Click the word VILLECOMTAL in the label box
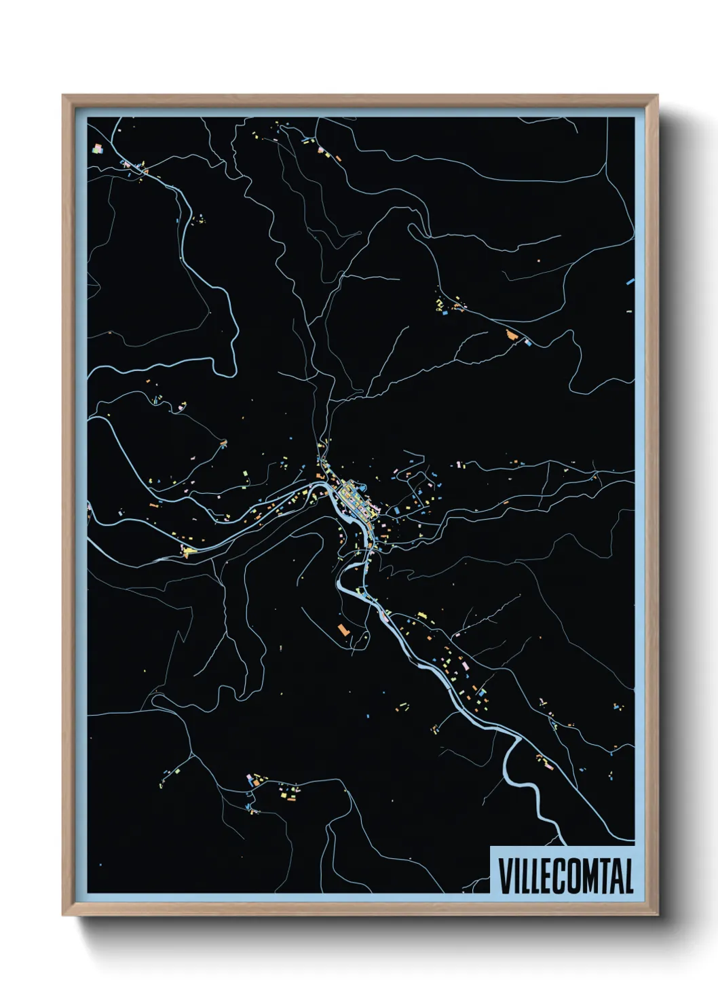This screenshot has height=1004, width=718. [566, 876]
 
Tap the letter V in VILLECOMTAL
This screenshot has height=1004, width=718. [506, 876]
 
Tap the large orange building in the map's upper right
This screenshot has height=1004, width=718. [512, 333]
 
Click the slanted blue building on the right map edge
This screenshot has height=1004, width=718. [630, 280]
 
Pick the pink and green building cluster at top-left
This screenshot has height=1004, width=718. [97, 147]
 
